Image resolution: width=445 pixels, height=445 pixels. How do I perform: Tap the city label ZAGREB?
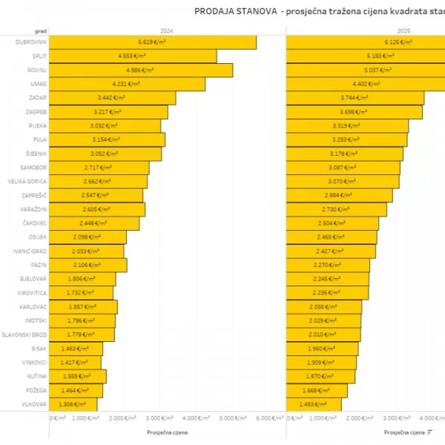(36, 112)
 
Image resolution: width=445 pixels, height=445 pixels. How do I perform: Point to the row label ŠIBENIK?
(36, 154)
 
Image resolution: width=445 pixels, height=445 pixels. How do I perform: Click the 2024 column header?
(167, 32)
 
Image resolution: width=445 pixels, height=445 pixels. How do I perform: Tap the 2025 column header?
(403, 32)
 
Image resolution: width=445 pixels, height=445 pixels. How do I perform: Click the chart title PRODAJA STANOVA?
(234, 11)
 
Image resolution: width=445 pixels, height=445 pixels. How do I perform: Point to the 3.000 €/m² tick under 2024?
(168, 418)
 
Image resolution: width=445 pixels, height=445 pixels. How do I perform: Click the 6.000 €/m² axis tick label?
(271, 418)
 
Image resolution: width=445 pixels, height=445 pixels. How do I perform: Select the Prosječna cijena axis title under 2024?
(167, 432)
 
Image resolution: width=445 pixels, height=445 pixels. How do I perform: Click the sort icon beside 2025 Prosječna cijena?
(431, 432)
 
